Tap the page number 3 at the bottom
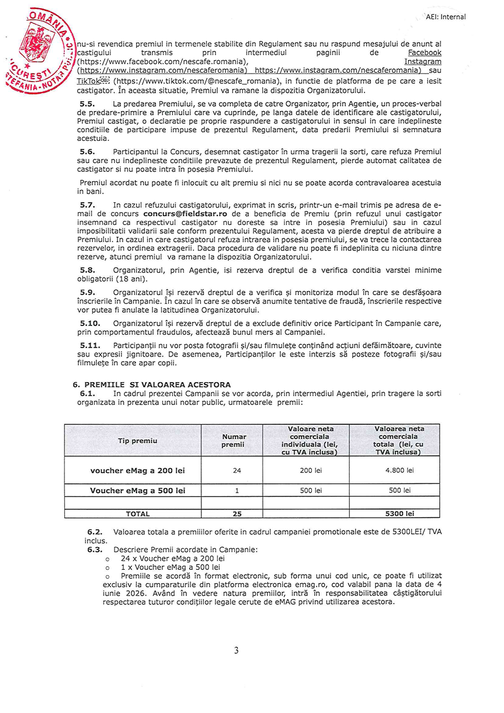coord(236,650)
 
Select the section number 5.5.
coord(87,103)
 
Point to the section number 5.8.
coord(87,271)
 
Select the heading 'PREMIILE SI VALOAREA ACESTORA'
coord(157,385)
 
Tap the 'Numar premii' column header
coord(234,441)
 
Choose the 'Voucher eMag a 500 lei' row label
coord(137,491)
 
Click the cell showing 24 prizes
coord(237,470)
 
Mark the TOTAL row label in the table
coord(138,514)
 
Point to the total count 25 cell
coord(237,514)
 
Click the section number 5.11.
coord(89,347)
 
